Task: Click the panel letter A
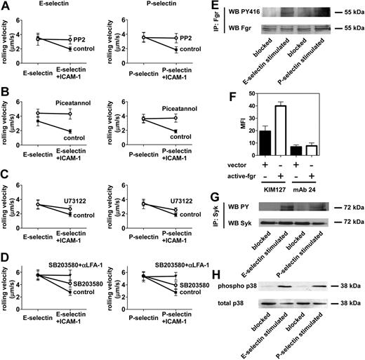[x=5, y=6]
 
